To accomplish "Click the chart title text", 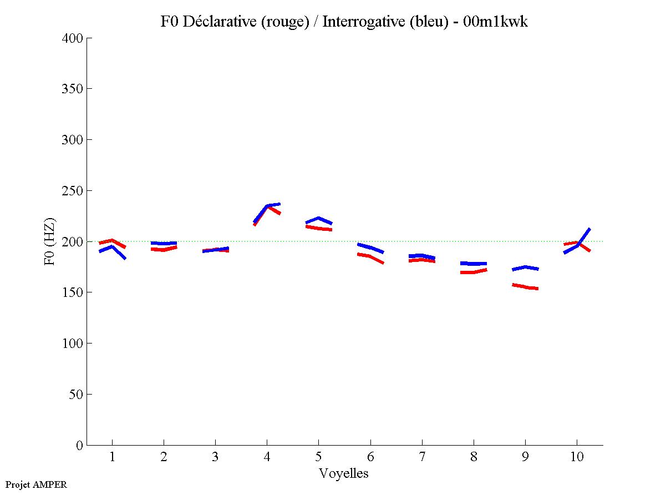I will [x=344, y=22].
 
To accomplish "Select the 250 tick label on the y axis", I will [x=74, y=191].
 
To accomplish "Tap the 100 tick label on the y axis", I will [x=74, y=344].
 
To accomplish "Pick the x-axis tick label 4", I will [x=267, y=457].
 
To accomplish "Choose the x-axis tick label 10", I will [x=577, y=457].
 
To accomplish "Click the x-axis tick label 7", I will [x=422, y=457].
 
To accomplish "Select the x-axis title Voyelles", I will [x=344, y=473].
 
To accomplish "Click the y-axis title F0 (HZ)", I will [x=50, y=241].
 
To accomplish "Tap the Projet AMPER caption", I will [x=36, y=484].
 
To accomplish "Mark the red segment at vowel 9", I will [x=525, y=287].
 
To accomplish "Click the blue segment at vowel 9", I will [x=525, y=267].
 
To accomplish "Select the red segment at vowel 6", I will [x=370, y=256].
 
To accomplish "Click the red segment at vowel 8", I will [x=473, y=272].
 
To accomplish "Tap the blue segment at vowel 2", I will [x=164, y=244].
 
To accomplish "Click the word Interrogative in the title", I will [x=354, y=22].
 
